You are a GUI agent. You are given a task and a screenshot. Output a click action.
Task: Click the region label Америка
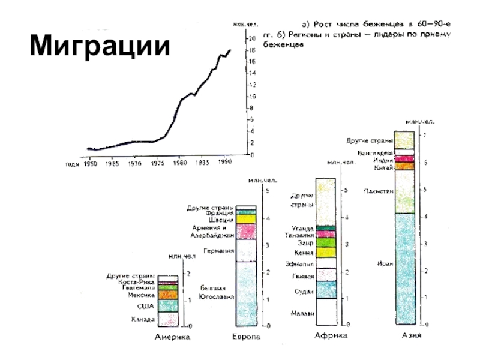pyautogui.click(x=173, y=338)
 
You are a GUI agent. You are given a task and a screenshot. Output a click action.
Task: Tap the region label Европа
pyautogui.click(x=246, y=338)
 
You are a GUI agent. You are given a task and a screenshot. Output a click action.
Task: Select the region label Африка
pyautogui.click(x=331, y=336)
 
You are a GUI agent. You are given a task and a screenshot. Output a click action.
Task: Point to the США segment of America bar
pyautogui.click(x=168, y=306)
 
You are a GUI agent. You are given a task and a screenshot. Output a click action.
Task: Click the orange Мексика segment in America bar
pyautogui.click(x=168, y=295)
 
